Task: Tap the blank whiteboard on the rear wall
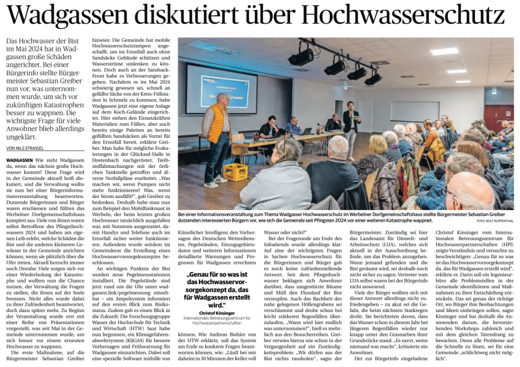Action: (414, 110)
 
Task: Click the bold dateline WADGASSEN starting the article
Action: (19, 159)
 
